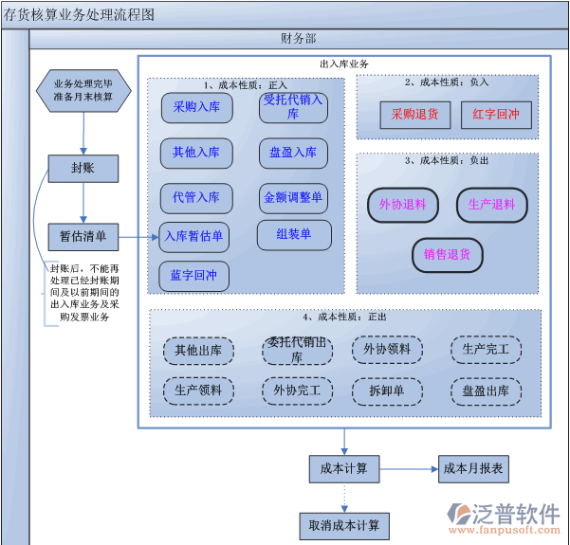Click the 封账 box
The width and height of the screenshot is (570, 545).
click(x=83, y=169)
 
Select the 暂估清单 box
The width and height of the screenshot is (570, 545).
click(x=83, y=236)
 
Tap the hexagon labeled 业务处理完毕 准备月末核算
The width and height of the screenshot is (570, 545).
click(x=83, y=90)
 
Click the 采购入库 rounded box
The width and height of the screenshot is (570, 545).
click(x=196, y=108)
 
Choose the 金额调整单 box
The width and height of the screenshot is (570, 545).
click(x=293, y=198)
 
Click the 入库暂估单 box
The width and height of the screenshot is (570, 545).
click(x=193, y=236)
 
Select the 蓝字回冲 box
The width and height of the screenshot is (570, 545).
click(x=193, y=276)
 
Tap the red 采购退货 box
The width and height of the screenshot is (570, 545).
click(x=414, y=115)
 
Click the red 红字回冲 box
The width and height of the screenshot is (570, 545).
click(x=496, y=115)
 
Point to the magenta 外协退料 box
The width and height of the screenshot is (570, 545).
click(x=402, y=205)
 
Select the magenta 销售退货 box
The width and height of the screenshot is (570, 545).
click(x=448, y=254)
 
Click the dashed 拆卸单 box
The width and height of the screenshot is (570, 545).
click(x=387, y=390)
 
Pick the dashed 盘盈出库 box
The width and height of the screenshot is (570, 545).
click(x=486, y=390)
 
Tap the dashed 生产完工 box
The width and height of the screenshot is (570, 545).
click(x=486, y=350)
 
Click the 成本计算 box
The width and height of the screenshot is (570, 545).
click(x=343, y=468)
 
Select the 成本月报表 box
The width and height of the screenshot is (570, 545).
click(x=474, y=468)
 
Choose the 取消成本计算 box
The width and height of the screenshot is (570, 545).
click(x=343, y=525)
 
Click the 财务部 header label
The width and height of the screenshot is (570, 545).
click(x=298, y=39)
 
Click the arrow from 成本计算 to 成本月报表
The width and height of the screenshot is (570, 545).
click(x=408, y=468)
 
